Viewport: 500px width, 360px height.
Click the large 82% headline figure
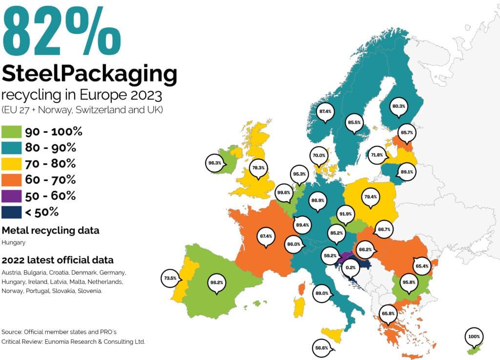(61, 30)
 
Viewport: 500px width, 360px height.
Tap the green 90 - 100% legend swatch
(12, 132)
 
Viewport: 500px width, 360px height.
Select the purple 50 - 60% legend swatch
(12, 196)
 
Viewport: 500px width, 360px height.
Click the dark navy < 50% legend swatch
(12, 212)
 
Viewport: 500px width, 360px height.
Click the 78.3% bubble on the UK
(258, 168)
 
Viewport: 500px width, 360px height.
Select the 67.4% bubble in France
(266, 236)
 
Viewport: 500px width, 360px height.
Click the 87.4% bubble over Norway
(325, 111)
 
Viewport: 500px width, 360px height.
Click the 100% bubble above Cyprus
(474, 337)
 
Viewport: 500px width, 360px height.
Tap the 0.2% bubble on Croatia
(350, 268)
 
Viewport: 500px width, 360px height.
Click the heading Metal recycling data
(51, 231)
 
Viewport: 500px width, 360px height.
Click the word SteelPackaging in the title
(89, 74)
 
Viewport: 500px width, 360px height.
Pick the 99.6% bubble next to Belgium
(283, 192)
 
